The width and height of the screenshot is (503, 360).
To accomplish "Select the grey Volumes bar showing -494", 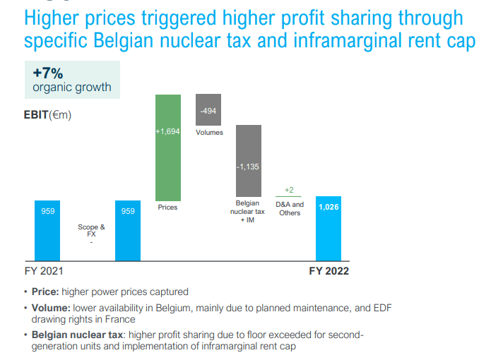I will coord(208,110).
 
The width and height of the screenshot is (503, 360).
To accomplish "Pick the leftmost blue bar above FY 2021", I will coord(47,230).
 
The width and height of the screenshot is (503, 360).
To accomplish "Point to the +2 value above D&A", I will coord(289,190).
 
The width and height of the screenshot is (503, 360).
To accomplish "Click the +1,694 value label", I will coord(168,131).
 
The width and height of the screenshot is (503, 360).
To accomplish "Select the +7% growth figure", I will coord(48,73).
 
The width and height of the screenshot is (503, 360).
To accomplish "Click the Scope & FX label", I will coord(91,231).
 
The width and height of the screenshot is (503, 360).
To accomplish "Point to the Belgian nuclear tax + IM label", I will coord(248,212).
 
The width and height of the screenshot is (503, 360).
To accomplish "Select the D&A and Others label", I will coord(290,208).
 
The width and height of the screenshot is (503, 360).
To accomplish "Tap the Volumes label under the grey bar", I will coord(209,133).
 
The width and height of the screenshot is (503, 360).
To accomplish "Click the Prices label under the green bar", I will coord(168,208).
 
